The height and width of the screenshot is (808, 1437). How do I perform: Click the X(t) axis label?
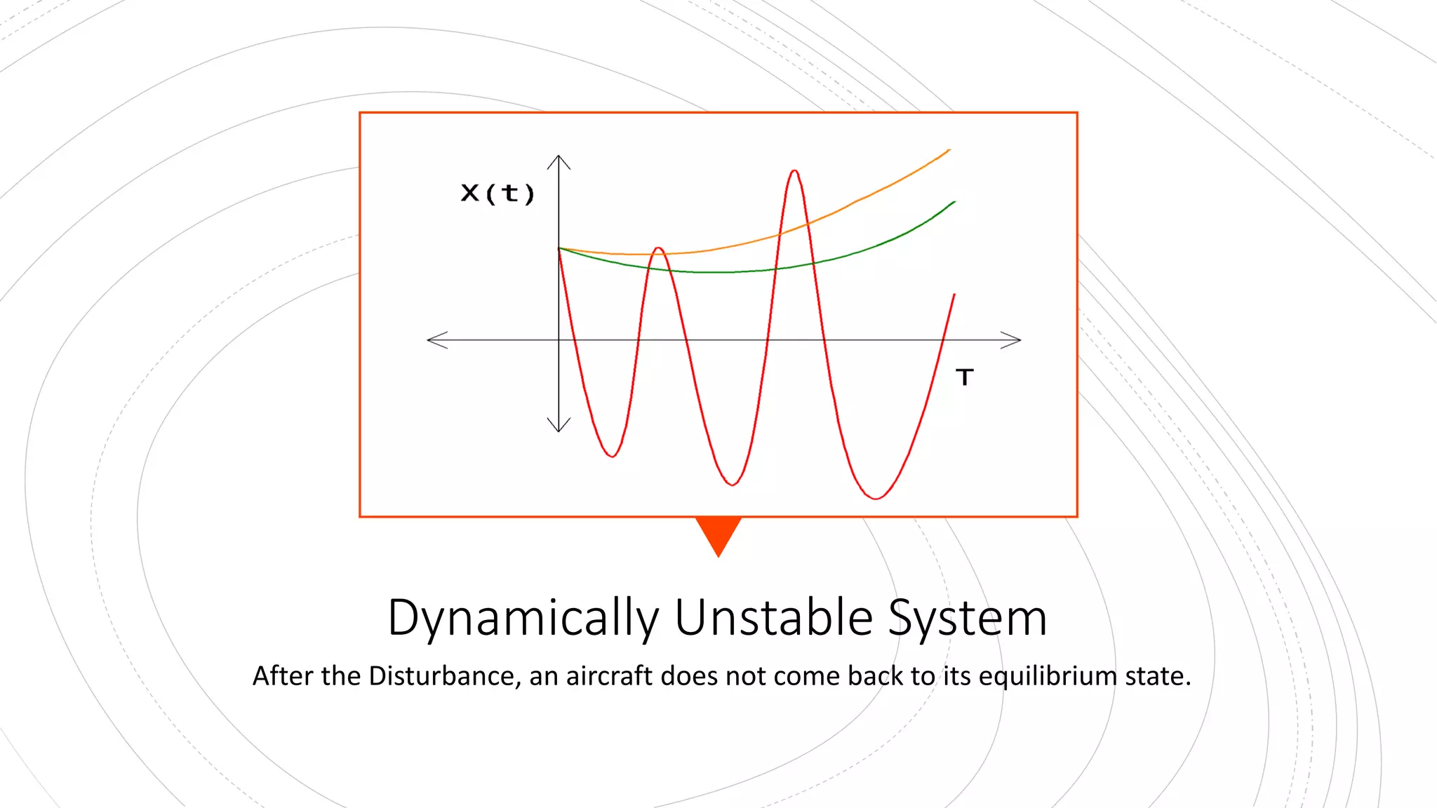[x=497, y=193]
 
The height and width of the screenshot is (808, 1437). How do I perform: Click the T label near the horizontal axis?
[x=965, y=377]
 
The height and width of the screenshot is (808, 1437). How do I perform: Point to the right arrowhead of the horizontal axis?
[x=1015, y=339]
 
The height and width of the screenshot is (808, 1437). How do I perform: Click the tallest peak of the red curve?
[x=794, y=171]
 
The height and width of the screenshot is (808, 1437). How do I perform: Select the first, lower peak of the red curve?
[x=658, y=248]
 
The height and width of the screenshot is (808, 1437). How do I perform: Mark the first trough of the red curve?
[x=613, y=456]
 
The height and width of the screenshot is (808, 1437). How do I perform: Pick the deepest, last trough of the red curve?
[x=876, y=498]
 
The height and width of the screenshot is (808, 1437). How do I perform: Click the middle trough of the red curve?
[x=732, y=484]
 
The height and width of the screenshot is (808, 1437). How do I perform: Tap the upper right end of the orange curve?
[x=949, y=150]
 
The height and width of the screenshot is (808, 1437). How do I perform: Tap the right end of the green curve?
[x=954, y=202]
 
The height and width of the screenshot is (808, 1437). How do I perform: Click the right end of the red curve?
[x=954, y=295]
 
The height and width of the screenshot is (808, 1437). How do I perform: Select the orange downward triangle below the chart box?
[x=718, y=533]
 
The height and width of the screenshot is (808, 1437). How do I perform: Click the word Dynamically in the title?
[x=523, y=618]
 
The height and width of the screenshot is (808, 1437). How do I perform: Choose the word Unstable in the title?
[x=773, y=618]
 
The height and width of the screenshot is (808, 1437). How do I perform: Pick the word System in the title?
[x=968, y=618]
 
